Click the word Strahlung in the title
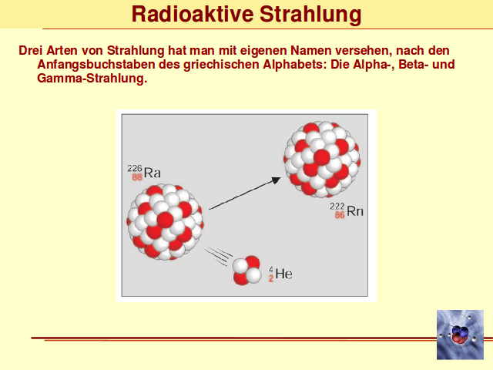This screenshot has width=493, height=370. tap(310, 15)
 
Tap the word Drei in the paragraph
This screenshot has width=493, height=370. tap(31, 50)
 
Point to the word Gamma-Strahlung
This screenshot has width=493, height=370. tap(92, 78)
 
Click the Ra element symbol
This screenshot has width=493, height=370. tap(153, 173)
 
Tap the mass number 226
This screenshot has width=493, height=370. tap(135, 168)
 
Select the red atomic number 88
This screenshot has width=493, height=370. tap(137, 177)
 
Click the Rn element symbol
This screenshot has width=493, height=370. tap(355, 211)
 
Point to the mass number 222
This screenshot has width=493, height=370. tap(337, 207)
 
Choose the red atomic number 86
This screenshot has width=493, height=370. tap(340, 215)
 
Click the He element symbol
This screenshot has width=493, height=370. tap(283, 274)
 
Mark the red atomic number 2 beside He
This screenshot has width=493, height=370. tap(270, 278)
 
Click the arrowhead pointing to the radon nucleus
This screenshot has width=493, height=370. tap(276, 180)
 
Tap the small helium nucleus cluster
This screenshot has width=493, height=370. tap(247, 271)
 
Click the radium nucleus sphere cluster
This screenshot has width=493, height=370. tap(165, 222)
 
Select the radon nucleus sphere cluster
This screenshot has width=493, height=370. tap(322, 160)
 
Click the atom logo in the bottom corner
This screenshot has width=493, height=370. tap(460, 335)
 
